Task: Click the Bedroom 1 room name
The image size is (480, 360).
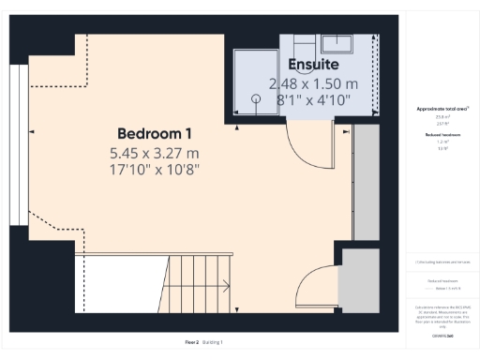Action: click(155, 132)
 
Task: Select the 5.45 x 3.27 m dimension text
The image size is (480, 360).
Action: click(155, 152)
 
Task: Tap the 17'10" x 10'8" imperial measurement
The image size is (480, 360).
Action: click(155, 169)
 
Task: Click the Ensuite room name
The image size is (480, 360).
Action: click(313, 64)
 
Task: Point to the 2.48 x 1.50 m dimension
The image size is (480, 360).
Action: click(313, 82)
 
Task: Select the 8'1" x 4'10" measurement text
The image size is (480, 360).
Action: click(313, 97)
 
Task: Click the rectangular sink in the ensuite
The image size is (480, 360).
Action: click(336, 43)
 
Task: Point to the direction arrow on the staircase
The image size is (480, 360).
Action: click(223, 287)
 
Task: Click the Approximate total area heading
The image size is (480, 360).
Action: click(436, 110)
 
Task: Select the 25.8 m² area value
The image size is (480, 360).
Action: click(436, 117)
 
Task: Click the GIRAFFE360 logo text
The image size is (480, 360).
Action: click(436, 335)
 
